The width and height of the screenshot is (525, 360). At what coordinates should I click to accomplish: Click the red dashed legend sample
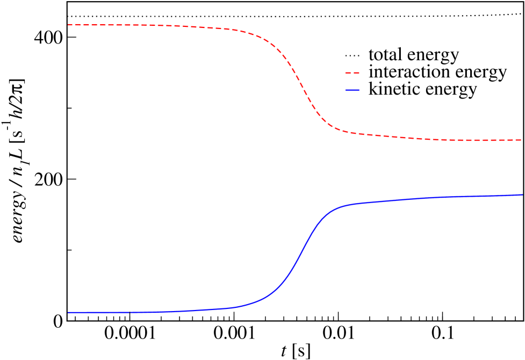(352, 73)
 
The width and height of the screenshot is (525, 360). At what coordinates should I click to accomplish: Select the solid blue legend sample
(352, 90)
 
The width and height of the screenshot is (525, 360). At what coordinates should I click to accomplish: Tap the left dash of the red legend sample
(348, 73)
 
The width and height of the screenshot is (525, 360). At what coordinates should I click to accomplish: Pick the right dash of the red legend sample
(356, 73)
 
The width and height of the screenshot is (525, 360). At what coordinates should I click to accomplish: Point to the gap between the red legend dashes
(352, 73)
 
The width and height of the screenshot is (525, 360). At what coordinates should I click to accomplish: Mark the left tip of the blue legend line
(346, 90)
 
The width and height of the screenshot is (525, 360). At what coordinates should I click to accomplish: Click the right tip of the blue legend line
(359, 90)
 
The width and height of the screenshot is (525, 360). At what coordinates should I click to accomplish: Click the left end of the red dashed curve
(68, 25)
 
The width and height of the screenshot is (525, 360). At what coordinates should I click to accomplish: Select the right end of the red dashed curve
(521, 140)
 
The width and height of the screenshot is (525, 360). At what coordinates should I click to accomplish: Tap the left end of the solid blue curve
(68, 312)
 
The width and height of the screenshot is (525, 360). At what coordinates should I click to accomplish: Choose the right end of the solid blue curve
(522, 195)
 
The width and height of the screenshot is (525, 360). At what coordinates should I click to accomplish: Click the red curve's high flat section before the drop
(150, 26)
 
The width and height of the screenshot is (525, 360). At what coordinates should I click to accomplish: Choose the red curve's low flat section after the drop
(441, 140)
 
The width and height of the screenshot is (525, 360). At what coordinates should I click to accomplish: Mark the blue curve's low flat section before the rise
(150, 312)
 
